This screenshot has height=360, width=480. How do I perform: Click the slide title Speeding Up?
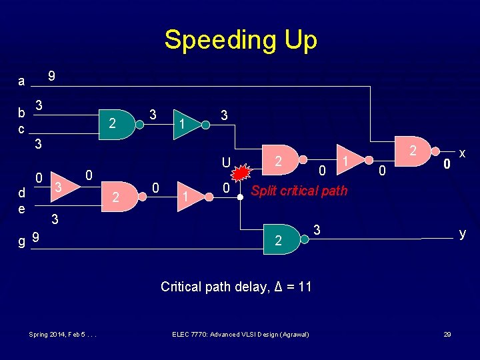click(240, 40)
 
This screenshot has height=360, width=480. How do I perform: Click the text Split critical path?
click(299, 191)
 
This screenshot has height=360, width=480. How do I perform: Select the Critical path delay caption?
click(236, 287)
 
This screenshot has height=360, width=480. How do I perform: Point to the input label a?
click(21, 81)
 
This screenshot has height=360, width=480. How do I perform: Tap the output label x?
click(462, 153)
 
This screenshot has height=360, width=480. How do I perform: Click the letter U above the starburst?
click(227, 162)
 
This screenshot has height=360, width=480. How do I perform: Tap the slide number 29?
click(448, 333)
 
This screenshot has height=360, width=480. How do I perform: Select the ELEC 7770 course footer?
click(240, 333)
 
